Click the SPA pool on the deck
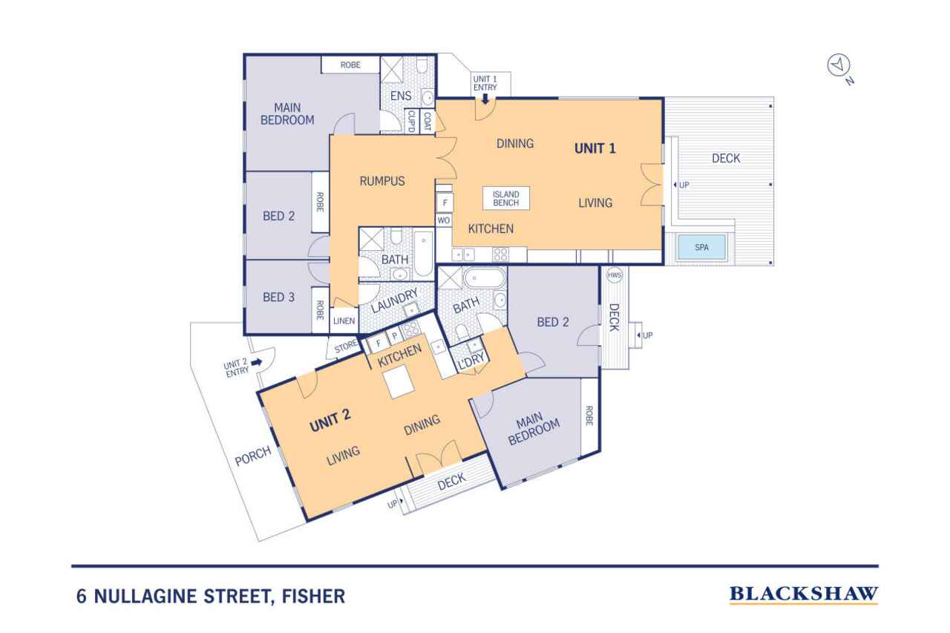click(x=702, y=247)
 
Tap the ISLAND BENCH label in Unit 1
click(x=506, y=198)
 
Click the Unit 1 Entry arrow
click(x=485, y=99)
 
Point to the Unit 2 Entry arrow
click(x=257, y=362)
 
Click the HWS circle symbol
click(x=614, y=275)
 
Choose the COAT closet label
click(x=427, y=121)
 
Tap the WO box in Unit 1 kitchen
click(x=444, y=220)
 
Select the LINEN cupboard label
click(x=344, y=321)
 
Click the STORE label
click(x=346, y=347)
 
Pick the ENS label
click(x=401, y=96)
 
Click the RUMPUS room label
click(x=382, y=181)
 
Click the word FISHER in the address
click(x=313, y=596)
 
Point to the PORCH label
click(x=253, y=456)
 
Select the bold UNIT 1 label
click(x=595, y=148)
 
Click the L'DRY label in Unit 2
click(x=471, y=361)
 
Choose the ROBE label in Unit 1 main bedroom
click(x=350, y=65)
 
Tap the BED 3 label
click(x=278, y=297)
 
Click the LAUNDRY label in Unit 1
click(x=394, y=301)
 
